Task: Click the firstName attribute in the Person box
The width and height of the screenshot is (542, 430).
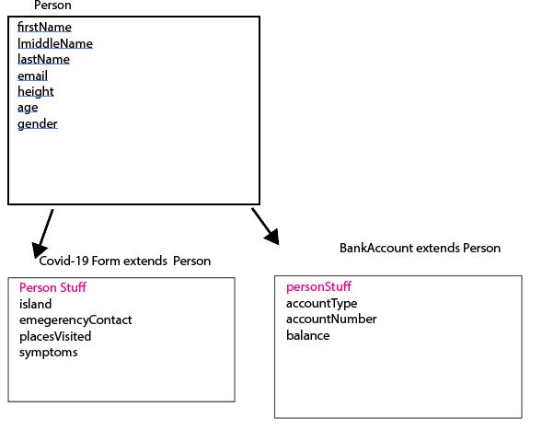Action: [44, 27]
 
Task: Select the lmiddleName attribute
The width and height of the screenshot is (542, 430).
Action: [55, 43]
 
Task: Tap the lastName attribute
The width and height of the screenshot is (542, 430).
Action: [43, 60]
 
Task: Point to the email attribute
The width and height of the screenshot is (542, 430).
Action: [32, 76]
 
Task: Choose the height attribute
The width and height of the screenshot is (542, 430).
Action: [36, 92]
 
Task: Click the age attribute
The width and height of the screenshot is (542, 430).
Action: [28, 108]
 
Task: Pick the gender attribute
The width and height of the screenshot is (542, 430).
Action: [38, 124]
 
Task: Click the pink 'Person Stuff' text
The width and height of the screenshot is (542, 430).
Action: [52, 287]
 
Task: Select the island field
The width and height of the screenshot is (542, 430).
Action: [36, 304]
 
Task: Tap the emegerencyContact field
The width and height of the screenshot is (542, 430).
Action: [75, 320]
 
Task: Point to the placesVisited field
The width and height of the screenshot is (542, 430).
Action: [55, 336]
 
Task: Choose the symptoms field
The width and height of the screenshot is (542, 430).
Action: [49, 353]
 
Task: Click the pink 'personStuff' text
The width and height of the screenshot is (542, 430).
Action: [318, 286]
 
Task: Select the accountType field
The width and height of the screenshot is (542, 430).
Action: [321, 303]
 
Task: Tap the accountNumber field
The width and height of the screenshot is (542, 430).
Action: [331, 319]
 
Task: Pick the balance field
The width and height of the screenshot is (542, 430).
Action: [308, 335]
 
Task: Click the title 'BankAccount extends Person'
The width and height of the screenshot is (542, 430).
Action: [420, 248]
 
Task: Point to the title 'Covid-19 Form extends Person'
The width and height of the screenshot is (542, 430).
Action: [125, 261]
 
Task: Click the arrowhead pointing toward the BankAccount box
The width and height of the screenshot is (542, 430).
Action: [272, 237]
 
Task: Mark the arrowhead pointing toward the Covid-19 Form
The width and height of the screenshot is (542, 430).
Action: [39, 250]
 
